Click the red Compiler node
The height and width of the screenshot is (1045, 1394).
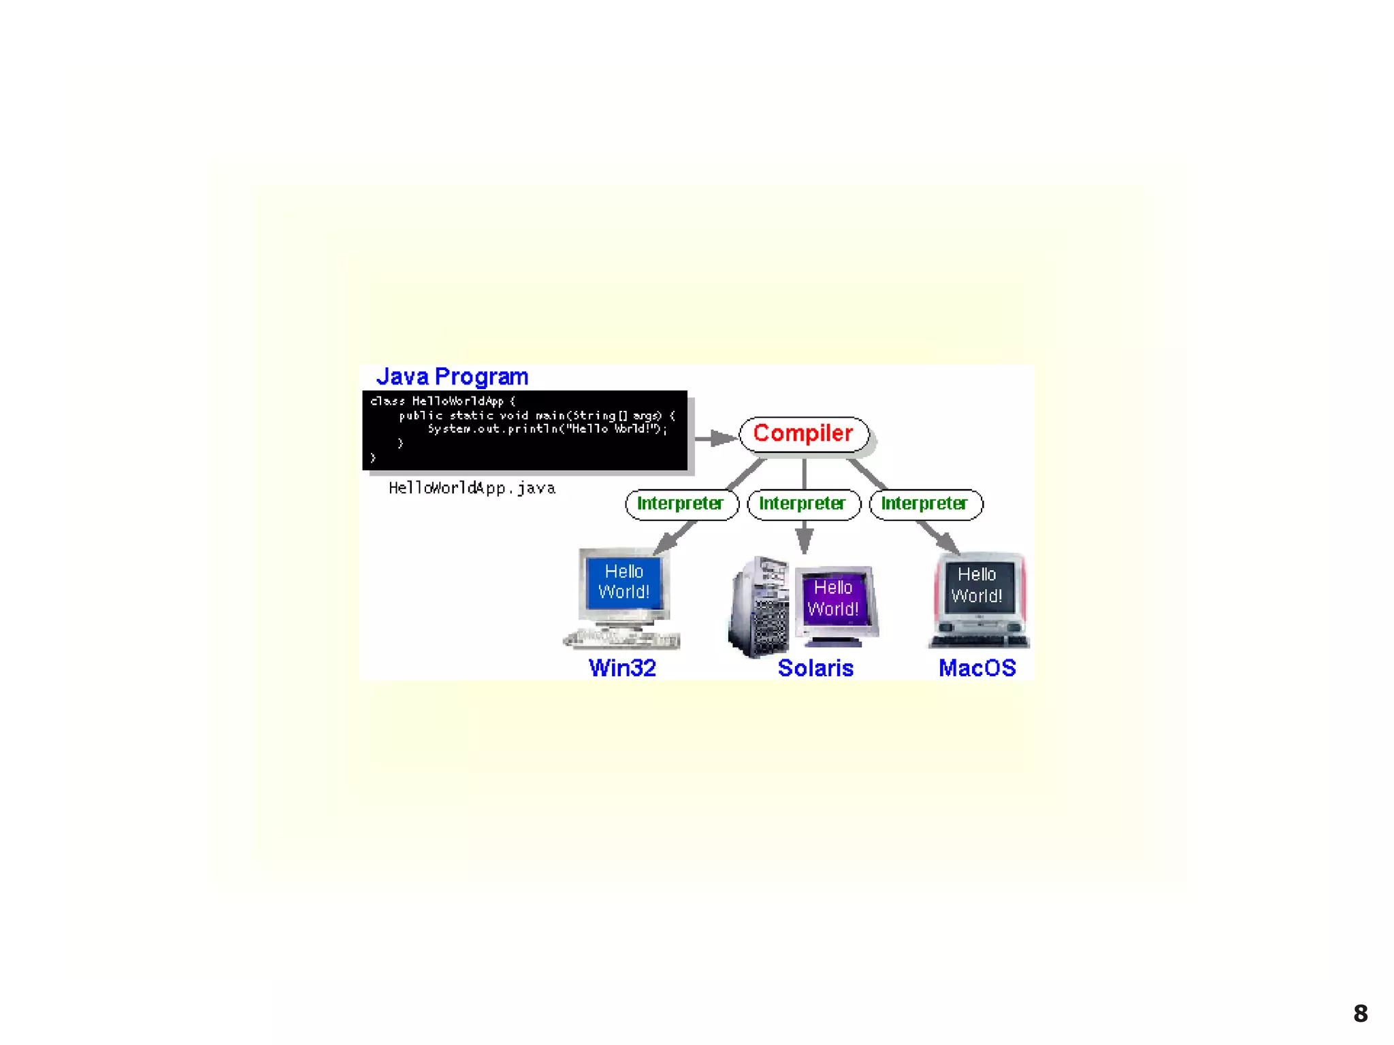(x=803, y=434)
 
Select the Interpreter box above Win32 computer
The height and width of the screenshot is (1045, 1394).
(x=681, y=504)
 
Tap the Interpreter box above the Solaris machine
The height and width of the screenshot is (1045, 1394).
(x=803, y=504)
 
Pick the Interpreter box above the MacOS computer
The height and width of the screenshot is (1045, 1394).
(x=925, y=504)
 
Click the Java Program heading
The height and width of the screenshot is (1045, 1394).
(x=452, y=377)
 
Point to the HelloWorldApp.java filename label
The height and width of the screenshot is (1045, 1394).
(x=472, y=488)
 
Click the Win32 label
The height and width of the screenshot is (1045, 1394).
(x=622, y=668)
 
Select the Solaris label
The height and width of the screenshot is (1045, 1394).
(x=815, y=668)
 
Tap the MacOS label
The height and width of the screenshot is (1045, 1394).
(x=977, y=668)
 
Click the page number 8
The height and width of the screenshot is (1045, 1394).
(x=1360, y=1014)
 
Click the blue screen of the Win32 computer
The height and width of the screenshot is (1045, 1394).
(x=623, y=582)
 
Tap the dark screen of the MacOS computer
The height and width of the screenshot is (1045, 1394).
(x=977, y=585)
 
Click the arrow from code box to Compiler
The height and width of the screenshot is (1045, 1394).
(x=715, y=438)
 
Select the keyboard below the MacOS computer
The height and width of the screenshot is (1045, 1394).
(x=979, y=641)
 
